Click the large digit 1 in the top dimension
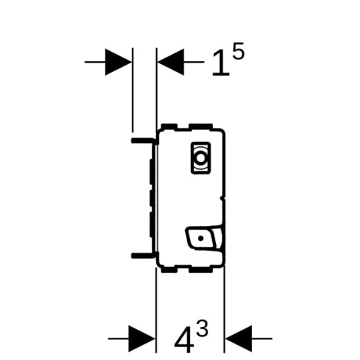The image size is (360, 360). pyautogui.click(x=221, y=63)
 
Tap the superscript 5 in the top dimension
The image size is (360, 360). pyautogui.click(x=238, y=50)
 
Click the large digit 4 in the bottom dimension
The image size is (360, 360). pyautogui.click(x=184, y=341)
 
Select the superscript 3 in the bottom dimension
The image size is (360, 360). pyautogui.click(x=202, y=328)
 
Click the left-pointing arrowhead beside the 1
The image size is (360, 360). pyautogui.click(x=171, y=62)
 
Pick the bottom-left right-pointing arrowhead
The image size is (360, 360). pyautogui.click(x=142, y=338)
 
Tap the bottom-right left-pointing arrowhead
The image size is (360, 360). pyautogui.click(x=238, y=338)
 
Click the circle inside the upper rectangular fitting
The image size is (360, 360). pyautogui.click(x=199, y=158)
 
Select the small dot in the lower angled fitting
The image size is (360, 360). pyautogui.click(x=201, y=238)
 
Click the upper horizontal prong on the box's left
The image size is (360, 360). pyautogui.click(x=143, y=140)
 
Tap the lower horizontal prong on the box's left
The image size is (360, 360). pyautogui.click(x=143, y=256)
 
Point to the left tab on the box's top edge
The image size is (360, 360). pyautogui.click(x=169, y=127)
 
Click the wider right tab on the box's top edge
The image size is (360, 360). pyautogui.click(x=201, y=127)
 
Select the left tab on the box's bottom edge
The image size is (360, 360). pyautogui.click(x=169, y=270)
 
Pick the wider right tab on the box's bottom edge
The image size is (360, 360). pyautogui.click(x=201, y=270)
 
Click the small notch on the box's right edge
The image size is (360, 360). pyautogui.click(x=223, y=198)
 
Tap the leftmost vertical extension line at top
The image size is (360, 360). pyautogui.click(x=132, y=90)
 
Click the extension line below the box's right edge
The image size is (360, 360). pyautogui.click(x=224, y=310)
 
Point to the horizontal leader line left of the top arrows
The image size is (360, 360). pyautogui.click(x=95, y=62)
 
